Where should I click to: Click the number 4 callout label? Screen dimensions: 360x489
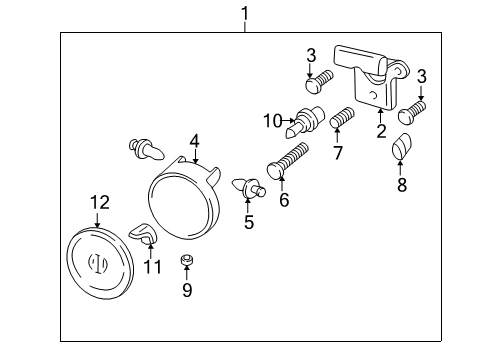click(195, 141)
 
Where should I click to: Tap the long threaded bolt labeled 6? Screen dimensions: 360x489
click(290, 161)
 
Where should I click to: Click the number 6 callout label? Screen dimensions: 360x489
click(283, 200)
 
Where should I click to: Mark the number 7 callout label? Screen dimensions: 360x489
click(338, 153)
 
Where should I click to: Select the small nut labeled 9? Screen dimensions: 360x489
click(185, 263)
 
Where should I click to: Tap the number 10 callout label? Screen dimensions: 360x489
click(273, 122)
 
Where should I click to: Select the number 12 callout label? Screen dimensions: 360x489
click(97, 203)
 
